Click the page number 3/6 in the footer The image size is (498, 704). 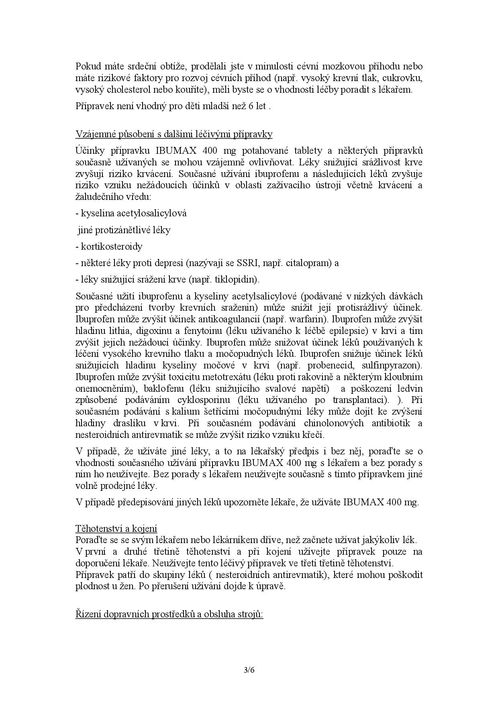(249, 670)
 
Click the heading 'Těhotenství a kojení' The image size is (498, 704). (116, 529)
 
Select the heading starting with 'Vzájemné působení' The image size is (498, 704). (173, 134)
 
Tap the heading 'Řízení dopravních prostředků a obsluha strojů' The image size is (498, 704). (169, 614)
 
